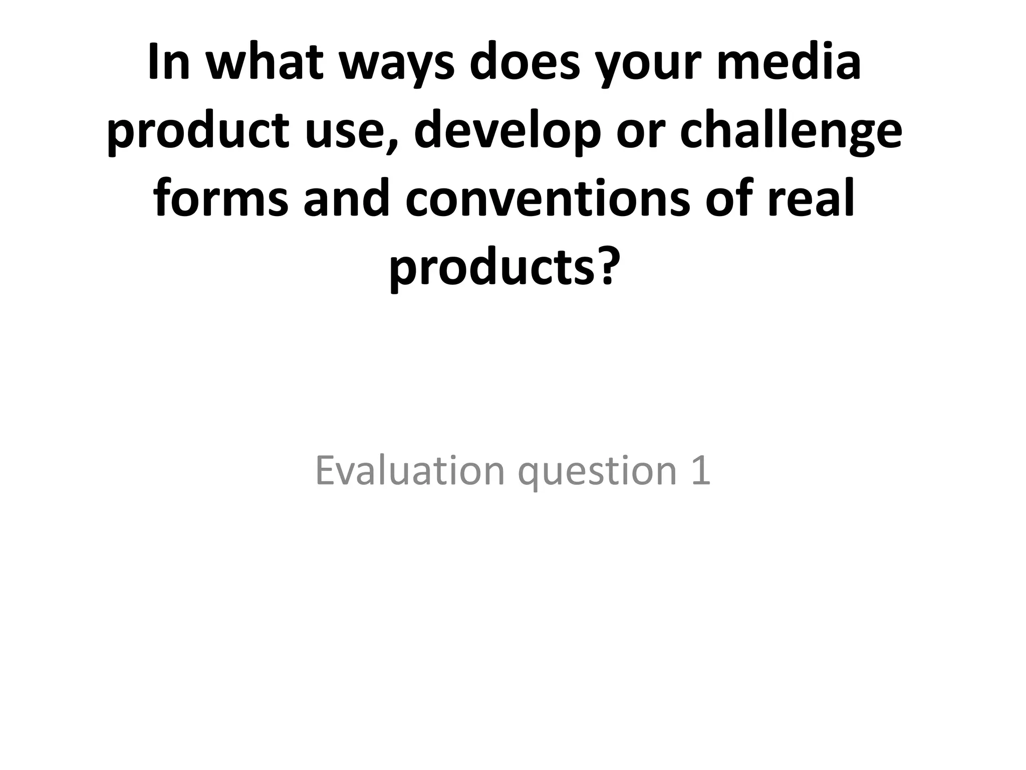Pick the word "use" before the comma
point(344,131)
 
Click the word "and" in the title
point(347,199)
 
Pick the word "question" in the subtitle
point(598,474)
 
